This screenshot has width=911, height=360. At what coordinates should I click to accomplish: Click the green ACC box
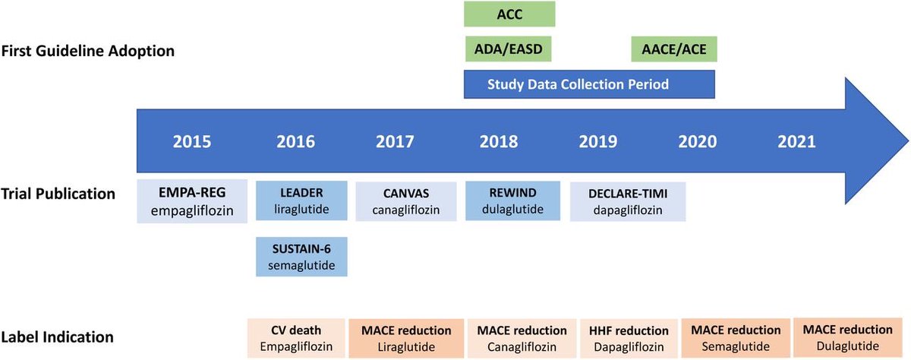tap(509, 14)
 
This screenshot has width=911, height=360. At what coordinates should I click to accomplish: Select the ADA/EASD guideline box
tap(507, 50)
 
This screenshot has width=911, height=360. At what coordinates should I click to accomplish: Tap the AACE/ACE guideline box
tap(674, 50)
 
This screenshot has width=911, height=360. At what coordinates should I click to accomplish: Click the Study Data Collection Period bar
tap(589, 84)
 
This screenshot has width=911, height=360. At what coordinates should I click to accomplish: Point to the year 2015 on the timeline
tap(192, 141)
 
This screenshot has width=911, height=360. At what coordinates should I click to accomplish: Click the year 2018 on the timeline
tap(499, 141)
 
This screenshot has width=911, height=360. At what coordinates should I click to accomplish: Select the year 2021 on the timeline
tap(796, 141)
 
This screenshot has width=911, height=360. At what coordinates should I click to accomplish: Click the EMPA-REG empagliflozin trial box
tap(193, 201)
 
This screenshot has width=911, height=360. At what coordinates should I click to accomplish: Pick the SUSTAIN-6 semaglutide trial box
tap(301, 254)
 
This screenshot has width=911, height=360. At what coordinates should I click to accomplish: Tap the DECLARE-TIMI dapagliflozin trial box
tap(628, 201)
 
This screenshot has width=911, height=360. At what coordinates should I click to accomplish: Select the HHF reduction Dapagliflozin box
tap(629, 338)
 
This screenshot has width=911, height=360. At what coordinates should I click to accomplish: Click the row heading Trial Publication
tap(58, 194)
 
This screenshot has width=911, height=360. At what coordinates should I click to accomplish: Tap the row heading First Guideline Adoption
tap(89, 52)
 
